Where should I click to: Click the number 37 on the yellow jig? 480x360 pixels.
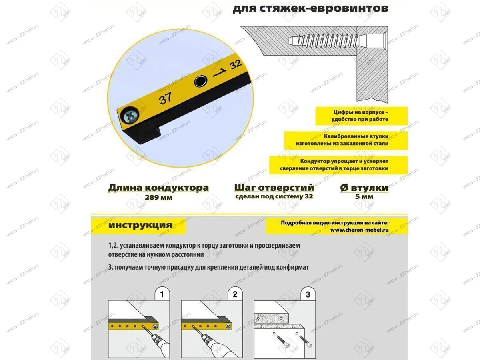point(166,98)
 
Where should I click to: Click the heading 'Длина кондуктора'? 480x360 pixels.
point(158,188)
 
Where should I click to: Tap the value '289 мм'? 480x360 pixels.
point(158,197)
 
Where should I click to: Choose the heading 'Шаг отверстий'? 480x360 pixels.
point(274,188)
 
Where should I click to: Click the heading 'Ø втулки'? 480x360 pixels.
point(364,188)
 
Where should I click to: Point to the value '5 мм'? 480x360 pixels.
point(364,197)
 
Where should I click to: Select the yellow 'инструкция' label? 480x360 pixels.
point(140,225)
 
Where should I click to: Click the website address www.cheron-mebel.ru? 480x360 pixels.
point(360,230)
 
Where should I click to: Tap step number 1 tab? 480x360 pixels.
point(162,295)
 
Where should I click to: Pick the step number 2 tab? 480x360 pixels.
point(235,295)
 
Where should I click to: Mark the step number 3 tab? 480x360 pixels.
point(308,295)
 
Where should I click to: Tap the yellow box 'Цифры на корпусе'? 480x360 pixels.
point(360,116)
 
